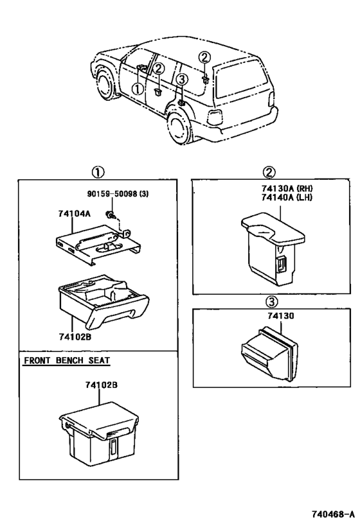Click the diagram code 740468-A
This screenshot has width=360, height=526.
pyautogui.click(x=330, y=514)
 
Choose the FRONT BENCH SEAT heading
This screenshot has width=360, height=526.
pyautogui.click(x=66, y=361)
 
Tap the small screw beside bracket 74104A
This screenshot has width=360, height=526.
pyautogui.click(x=111, y=216)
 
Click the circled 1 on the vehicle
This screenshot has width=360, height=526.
pyautogui.click(x=137, y=89)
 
